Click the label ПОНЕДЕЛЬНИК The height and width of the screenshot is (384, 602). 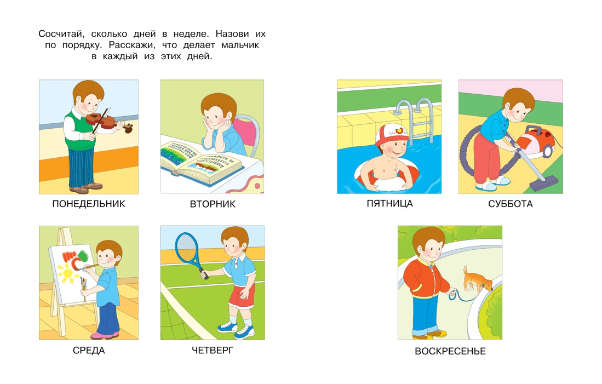[x=89, y=204]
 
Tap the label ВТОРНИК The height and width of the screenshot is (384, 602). [x=213, y=204]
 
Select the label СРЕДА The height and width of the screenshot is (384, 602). [x=89, y=350]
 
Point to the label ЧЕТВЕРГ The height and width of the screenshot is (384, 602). [x=213, y=350]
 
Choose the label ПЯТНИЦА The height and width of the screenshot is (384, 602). [x=389, y=204]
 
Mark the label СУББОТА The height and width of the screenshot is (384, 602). [x=510, y=204]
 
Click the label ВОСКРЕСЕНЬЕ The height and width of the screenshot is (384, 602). [x=450, y=351]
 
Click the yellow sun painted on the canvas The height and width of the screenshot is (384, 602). [x=68, y=273]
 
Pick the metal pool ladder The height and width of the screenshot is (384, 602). [x=415, y=119]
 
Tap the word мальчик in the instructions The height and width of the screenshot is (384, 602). [x=240, y=45]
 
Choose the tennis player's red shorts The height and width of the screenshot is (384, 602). [x=242, y=296]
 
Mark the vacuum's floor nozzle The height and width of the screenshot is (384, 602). [x=543, y=183]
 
